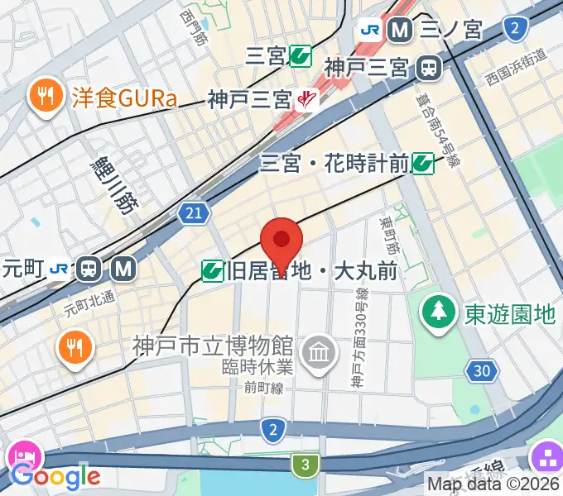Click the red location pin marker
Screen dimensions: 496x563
point(281,241)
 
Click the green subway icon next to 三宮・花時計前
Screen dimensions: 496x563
point(424,163)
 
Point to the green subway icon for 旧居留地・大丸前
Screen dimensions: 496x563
point(214,270)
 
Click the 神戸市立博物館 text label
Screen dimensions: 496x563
point(213,344)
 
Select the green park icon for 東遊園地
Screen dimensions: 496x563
point(436,312)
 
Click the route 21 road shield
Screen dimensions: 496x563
point(192,215)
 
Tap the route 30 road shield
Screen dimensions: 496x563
point(481,371)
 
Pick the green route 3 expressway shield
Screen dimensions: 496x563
point(306,465)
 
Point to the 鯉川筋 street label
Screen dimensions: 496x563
point(115,185)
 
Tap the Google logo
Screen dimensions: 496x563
point(55,476)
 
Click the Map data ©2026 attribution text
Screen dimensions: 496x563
point(494,484)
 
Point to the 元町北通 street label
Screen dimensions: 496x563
point(89,304)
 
